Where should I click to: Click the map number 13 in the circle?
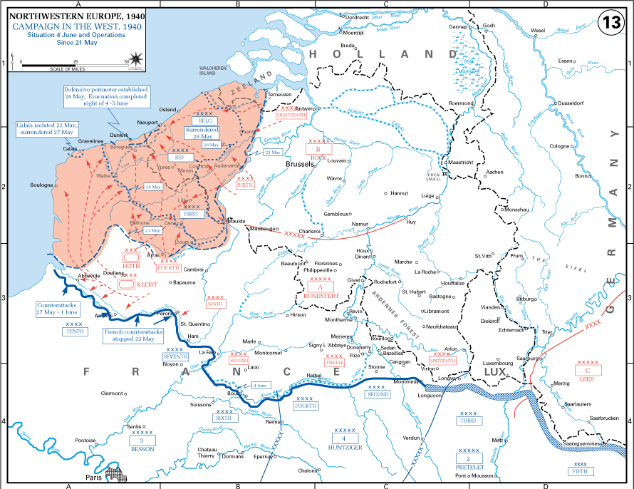(x=612, y=22)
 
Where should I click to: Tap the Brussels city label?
(x=300, y=164)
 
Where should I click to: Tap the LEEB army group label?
(x=586, y=379)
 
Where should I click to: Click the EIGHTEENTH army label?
(x=291, y=114)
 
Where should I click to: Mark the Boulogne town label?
(x=42, y=185)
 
